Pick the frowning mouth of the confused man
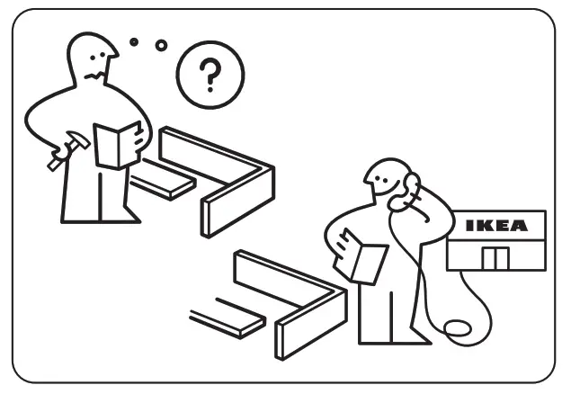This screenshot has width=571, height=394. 93,74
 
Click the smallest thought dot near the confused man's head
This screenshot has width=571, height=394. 134,41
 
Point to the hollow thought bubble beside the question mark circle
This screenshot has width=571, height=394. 161,45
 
